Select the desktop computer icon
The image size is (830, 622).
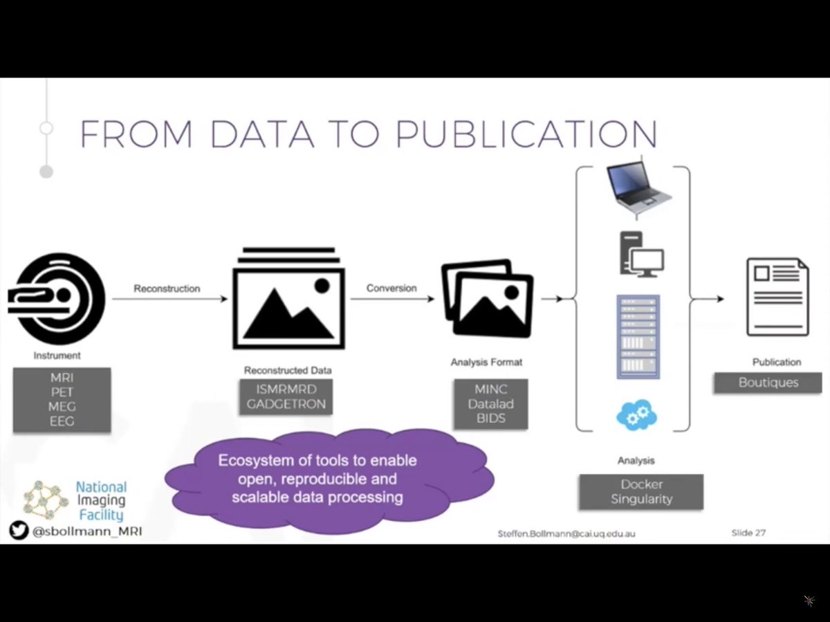coord(640,255)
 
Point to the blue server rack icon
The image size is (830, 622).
coord(638,337)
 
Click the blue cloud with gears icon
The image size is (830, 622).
coord(636,414)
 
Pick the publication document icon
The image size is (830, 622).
coord(777,297)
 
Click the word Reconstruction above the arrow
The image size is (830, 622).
coord(167,288)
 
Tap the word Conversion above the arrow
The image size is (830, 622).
coord(391,288)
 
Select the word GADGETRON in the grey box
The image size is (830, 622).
coord(286,404)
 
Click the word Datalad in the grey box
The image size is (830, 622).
coord(490,404)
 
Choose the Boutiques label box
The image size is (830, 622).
coord(768,383)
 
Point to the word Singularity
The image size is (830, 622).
coord(641,499)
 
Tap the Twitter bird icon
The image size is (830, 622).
coord(19,531)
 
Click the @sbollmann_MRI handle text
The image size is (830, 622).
coord(86,532)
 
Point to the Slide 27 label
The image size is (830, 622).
coord(748,533)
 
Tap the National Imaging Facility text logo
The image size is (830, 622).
coord(101,501)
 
